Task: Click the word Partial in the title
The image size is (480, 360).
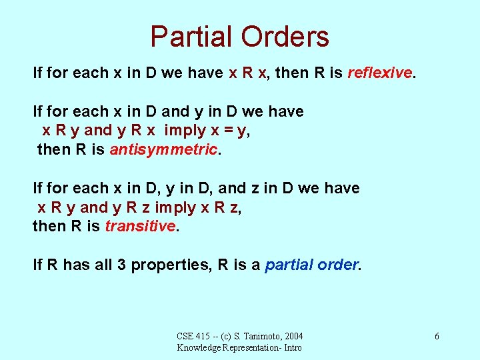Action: tap(191, 37)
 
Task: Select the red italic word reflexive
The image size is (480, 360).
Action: tap(380, 73)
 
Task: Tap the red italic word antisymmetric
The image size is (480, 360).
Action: tap(164, 149)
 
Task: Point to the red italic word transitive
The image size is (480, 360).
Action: tap(140, 226)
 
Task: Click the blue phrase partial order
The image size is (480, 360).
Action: tap(312, 265)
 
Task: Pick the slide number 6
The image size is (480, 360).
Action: tap(437, 336)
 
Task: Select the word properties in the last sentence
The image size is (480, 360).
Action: tap(170, 265)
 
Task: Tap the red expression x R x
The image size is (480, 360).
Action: tap(248, 73)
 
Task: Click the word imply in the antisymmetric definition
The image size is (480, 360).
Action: tap(186, 130)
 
